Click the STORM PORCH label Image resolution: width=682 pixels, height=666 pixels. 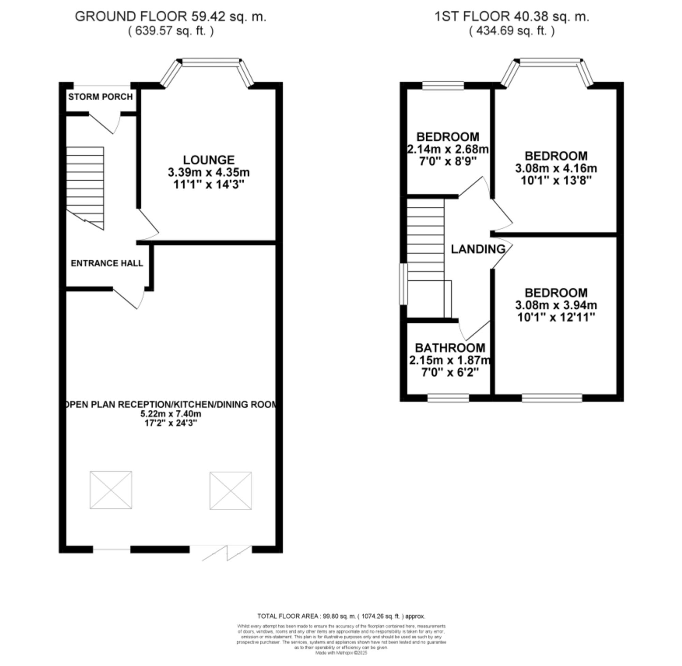tap(100, 97)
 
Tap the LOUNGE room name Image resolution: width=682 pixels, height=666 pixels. tap(209, 160)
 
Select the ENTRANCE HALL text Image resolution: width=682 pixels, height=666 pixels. tap(107, 263)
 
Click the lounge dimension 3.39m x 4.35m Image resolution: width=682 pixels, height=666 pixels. tap(209, 173)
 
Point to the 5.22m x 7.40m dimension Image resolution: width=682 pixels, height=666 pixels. tap(171, 414)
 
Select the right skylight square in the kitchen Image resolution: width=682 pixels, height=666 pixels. tap(231, 490)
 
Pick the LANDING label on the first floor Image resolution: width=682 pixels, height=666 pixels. tap(478, 249)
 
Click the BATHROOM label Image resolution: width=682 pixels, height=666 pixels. tap(450, 348)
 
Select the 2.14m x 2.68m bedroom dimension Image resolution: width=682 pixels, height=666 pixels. tap(448, 149)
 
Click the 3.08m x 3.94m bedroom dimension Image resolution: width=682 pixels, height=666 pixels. tap(556, 305)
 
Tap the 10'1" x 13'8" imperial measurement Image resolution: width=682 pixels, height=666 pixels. tap(556, 181)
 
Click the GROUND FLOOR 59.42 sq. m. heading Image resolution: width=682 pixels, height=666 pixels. tap(171, 16)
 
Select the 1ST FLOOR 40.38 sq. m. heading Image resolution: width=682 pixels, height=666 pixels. tap(512, 16)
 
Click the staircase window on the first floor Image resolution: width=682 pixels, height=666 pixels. tap(403, 284)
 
